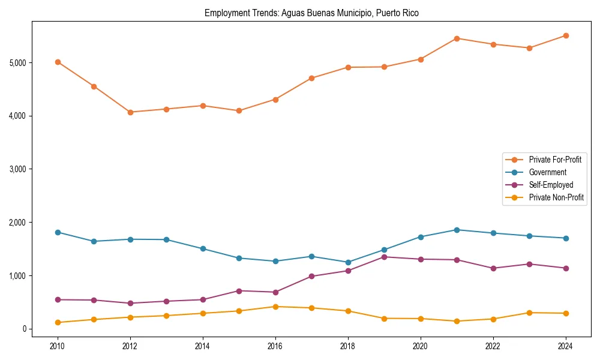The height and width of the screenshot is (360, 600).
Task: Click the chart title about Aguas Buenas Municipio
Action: (x=311, y=13)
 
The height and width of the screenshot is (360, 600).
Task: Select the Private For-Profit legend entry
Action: (x=555, y=160)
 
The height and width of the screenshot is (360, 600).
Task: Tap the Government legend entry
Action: (x=547, y=172)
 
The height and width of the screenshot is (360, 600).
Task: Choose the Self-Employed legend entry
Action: (x=551, y=185)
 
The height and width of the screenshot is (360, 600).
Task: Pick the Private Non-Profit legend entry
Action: (x=556, y=197)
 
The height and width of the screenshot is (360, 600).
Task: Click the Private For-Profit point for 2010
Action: (x=58, y=62)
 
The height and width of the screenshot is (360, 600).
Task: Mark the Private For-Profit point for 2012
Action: (x=130, y=112)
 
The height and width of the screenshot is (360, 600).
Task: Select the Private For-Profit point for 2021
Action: (x=457, y=38)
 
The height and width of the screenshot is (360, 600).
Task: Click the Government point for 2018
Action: (x=348, y=262)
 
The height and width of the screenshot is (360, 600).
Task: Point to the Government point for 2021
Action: (x=457, y=230)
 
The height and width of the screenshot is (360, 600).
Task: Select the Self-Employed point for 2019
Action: (x=384, y=257)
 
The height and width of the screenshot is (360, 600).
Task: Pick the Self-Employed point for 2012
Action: (x=130, y=303)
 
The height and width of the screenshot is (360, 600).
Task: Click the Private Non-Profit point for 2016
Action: (x=275, y=307)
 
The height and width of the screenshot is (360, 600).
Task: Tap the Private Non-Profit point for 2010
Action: (x=58, y=322)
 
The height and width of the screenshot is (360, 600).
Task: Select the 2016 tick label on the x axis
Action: (x=275, y=346)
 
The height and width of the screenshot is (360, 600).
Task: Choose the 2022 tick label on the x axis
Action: (x=493, y=346)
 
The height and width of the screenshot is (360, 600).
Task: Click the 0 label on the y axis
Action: (x=24, y=329)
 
